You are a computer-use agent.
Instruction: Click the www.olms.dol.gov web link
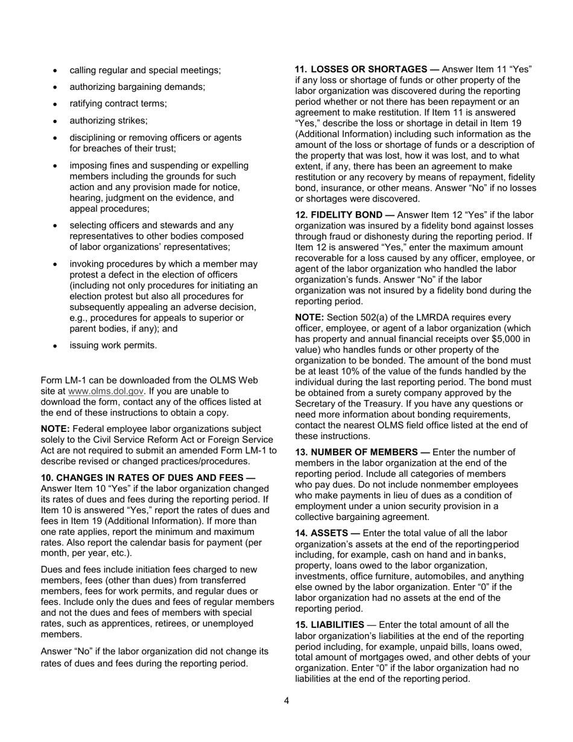106,391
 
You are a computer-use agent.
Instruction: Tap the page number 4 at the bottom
286,700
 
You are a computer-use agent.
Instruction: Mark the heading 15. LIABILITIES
329,624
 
